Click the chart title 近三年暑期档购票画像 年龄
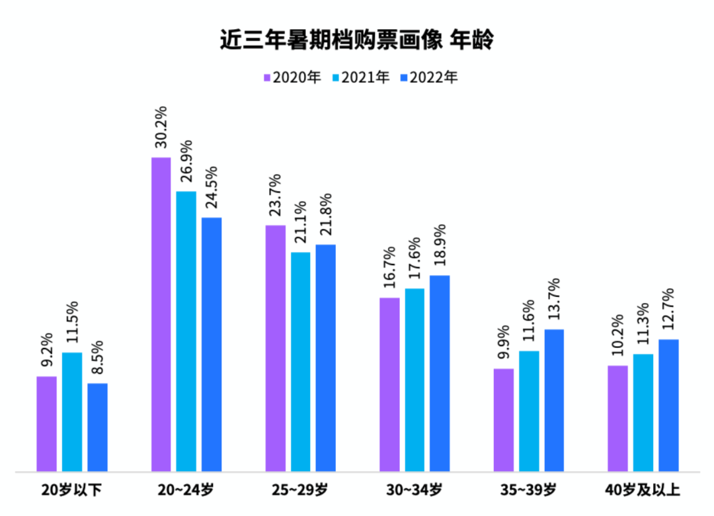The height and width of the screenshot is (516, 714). point(357,40)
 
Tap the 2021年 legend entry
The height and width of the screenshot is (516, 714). point(361,77)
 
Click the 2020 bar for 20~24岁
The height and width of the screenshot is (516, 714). point(161,315)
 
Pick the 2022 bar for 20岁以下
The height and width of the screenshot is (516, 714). point(97,427)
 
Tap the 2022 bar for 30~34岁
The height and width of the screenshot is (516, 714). point(440,373)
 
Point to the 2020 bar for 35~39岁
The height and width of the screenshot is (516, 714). point(504,420)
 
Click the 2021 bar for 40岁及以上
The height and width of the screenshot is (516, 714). point(643,413)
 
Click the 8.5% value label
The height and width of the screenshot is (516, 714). point(97,359)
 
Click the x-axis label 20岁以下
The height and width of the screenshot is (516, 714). point(71,490)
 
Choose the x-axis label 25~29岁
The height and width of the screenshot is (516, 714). point(300,490)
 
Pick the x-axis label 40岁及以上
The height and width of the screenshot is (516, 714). point(643,490)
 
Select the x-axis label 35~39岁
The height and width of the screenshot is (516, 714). point(529,490)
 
